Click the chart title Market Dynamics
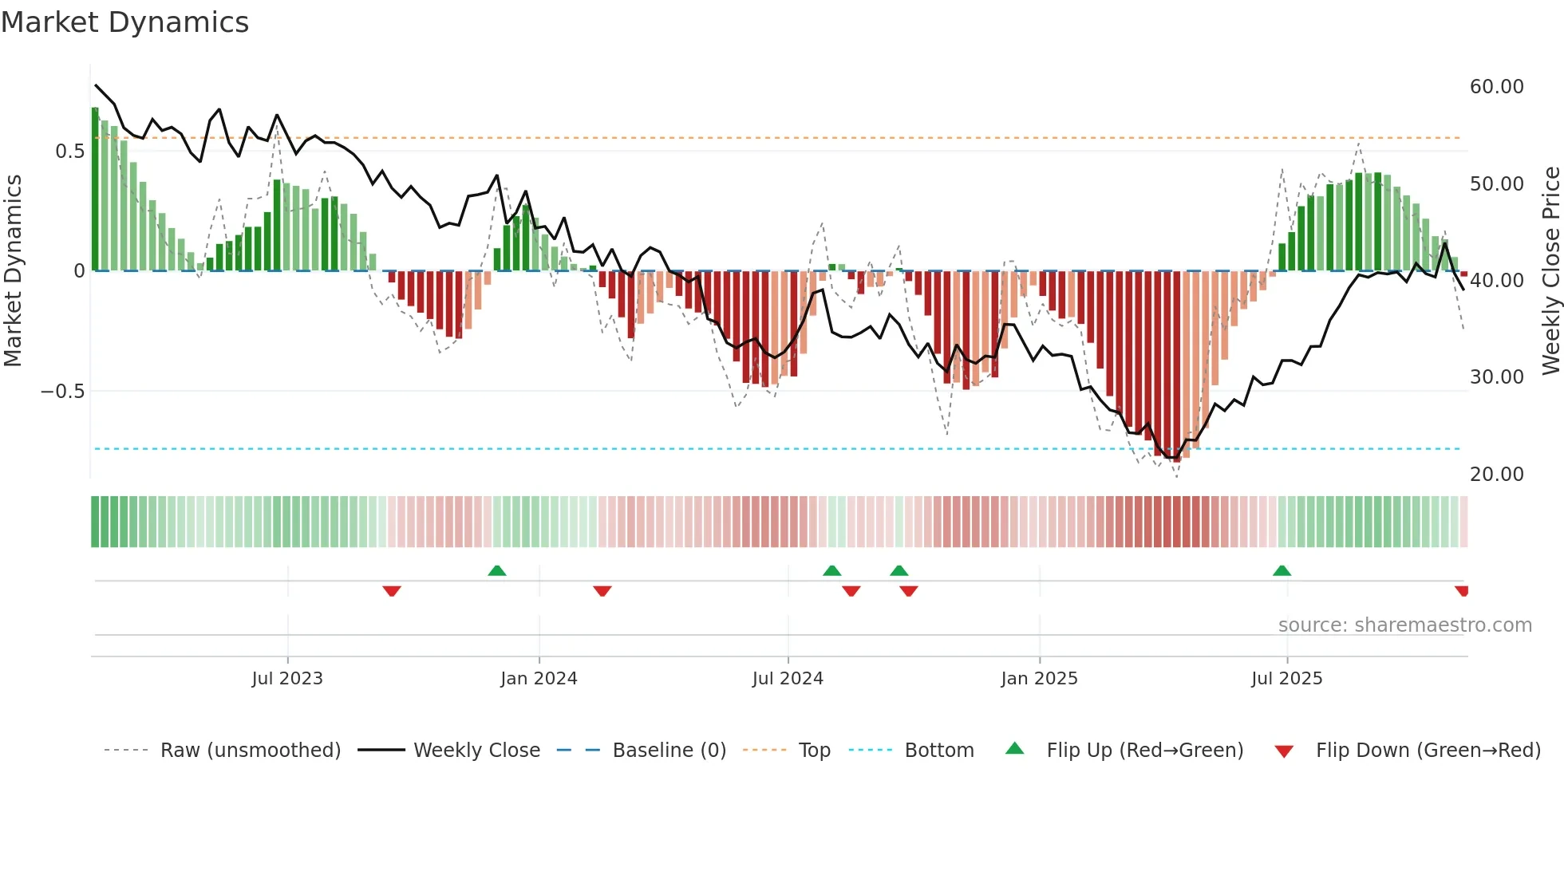(x=124, y=22)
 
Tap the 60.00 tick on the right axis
(x=1496, y=87)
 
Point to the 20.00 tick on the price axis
(x=1496, y=475)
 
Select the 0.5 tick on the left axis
(x=69, y=152)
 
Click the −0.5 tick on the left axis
(x=62, y=392)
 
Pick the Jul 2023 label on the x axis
(x=287, y=679)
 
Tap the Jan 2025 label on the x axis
(x=1039, y=679)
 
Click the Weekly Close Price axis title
(x=1550, y=271)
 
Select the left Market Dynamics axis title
(x=13, y=271)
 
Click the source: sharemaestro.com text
(x=1404, y=625)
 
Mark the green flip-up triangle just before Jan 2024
(x=497, y=570)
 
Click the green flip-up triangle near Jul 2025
(x=1282, y=570)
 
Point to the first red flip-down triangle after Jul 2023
(x=392, y=591)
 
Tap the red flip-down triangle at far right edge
(x=1462, y=591)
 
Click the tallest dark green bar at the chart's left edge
(x=95, y=191)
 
